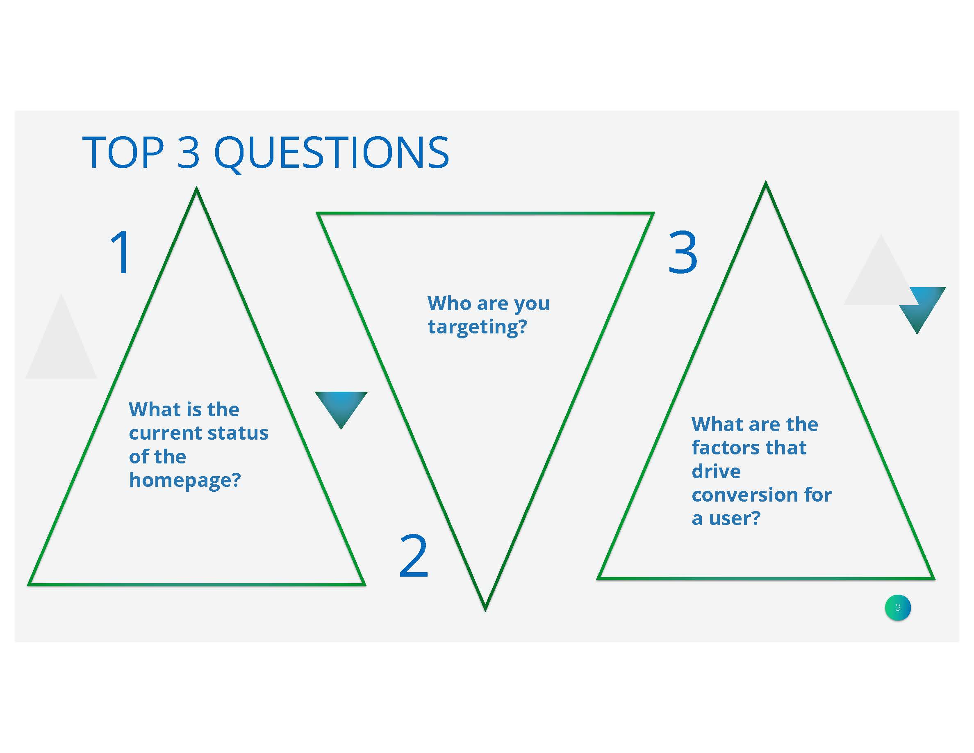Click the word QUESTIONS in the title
pos(331,153)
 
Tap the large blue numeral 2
pos(413,555)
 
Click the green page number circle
pos(898,607)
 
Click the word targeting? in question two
pos(477,327)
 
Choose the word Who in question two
pos(450,303)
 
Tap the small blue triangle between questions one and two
pos(341,406)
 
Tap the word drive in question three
pos(716,471)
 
